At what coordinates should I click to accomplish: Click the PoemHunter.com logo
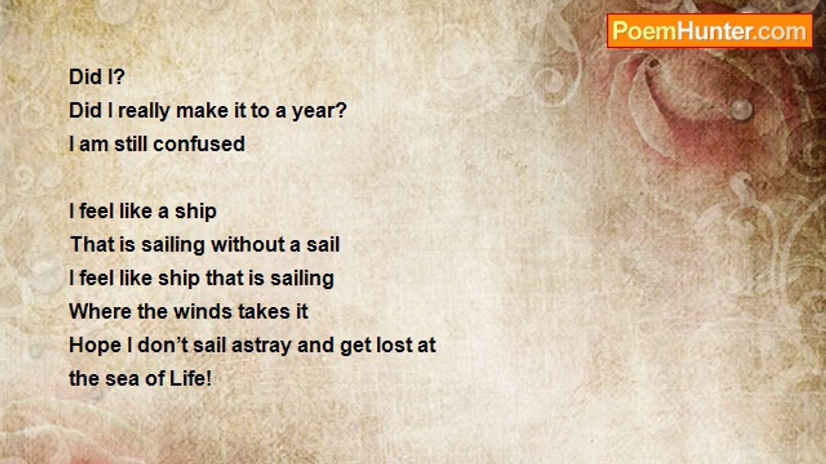point(710,31)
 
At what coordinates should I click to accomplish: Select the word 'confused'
point(199,144)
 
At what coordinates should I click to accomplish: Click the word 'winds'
point(203,311)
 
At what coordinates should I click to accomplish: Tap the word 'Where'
point(100,311)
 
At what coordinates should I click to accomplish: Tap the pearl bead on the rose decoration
point(741,110)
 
